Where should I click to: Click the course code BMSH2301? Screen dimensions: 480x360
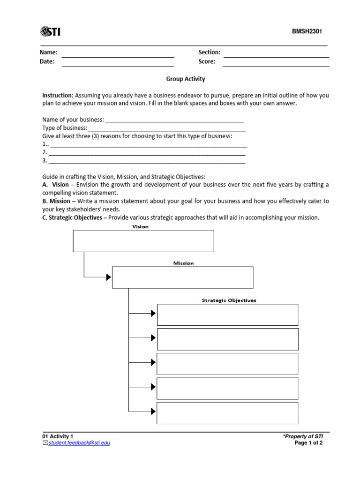tap(307, 32)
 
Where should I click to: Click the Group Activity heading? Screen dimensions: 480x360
tap(186, 79)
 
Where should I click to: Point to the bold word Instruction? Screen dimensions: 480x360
tap(58, 95)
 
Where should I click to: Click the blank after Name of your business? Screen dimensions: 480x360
tap(174, 120)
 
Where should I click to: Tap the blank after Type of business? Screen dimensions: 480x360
tap(166, 128)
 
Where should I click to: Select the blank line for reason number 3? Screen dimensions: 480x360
tap(147, 161)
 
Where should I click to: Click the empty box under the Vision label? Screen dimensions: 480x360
tap(143, 241)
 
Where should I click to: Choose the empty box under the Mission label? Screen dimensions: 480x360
tap(183, 277)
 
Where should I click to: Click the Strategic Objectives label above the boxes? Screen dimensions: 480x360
tap(229, 300)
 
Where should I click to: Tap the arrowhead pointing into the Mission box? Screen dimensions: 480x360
tap(109, 277)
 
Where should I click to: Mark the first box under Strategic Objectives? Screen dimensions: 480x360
tap(227, 315)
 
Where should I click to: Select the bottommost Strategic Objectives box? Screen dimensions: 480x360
tap(227, 412)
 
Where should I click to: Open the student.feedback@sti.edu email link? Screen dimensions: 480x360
tap(79, 443)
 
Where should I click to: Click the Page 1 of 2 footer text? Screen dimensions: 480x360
tap(308, 443)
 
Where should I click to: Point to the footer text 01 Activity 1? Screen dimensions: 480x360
tap(58, 436)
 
